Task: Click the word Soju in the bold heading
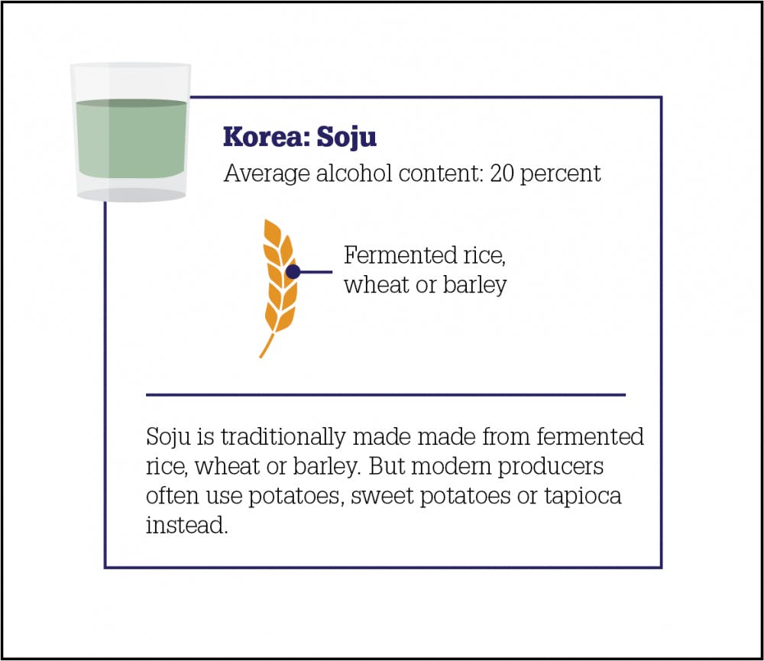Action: (x=347, y=138)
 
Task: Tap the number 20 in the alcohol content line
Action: (x=502, y=173)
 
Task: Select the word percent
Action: (x=561, y=174)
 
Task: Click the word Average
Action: (x=267, y=174)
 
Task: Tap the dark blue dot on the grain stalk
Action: (x=293, y=271)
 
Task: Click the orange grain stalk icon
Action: (x=279, y=287)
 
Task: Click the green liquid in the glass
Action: (x=131, y=138)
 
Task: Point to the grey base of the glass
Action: (x=131, y=195)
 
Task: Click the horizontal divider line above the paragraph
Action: (x=385, y=395)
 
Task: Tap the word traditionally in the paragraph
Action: (x=283, y=437)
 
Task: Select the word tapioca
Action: (x=583, y=497)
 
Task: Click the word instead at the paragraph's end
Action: (x=187, y=526)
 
